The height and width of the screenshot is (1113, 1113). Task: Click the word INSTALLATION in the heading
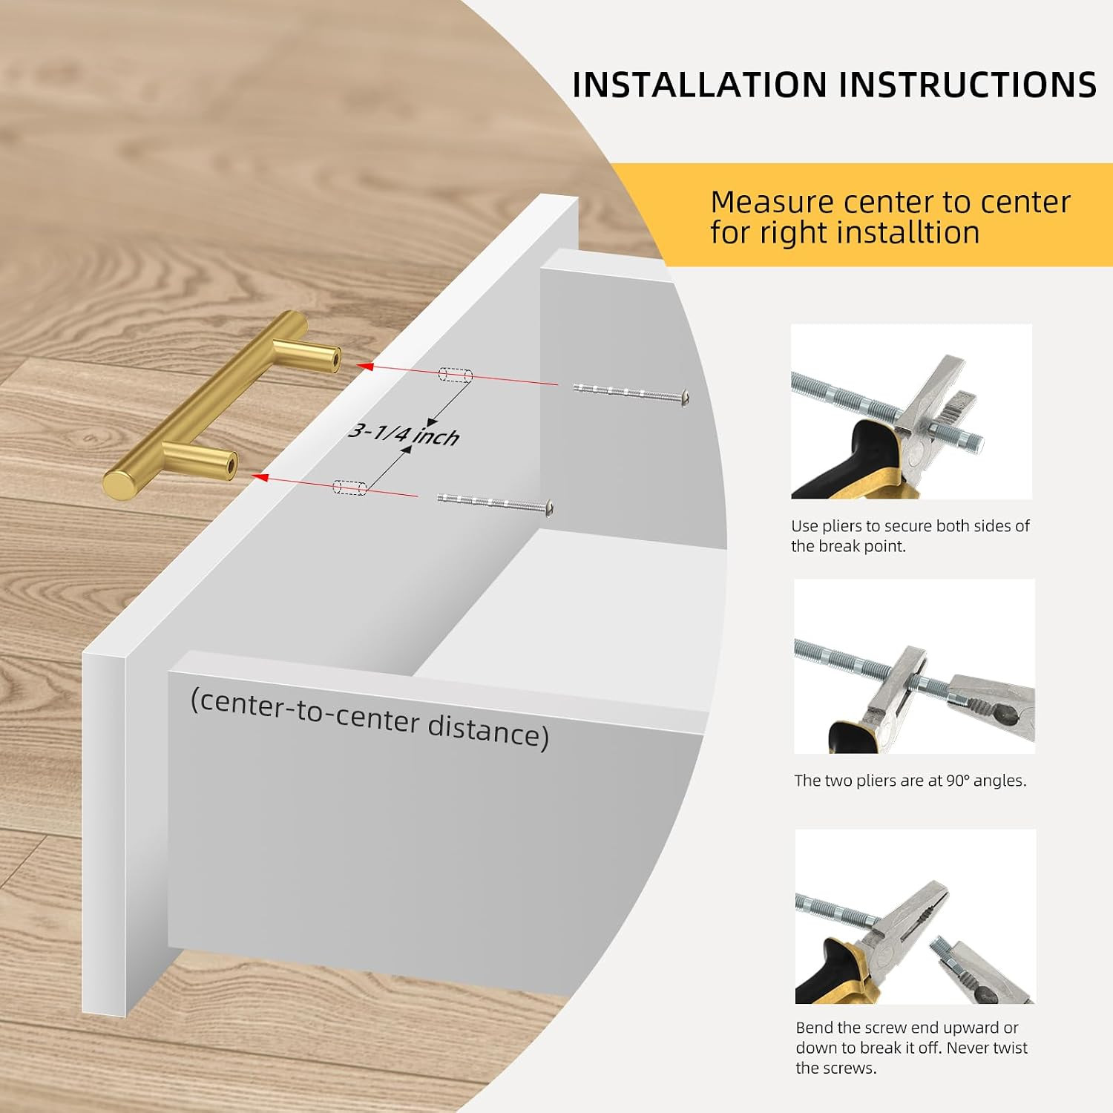pyautogui.click(x=700, y=85)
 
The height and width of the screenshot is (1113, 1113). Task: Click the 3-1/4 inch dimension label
pyautogui.click(x=404, y=433)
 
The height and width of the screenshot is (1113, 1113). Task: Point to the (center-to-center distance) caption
pyautogui.click(x=370, y=718)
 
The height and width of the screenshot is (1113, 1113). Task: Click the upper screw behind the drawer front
pyautogui.click(x=631, y=393)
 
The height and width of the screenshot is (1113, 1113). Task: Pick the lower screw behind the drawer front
pyautogui.click(x=495, y=503)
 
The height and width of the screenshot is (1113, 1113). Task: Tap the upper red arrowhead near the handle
pyautogui.click(x=364, y=366)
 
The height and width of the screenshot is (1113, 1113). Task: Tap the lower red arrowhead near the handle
pyautogui.click(x=260, y=476)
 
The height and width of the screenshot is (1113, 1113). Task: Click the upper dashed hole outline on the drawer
pyautogui.click(x=456, y=374)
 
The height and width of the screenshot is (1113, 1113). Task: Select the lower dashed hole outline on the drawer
pyautogui.click(x=350, y=487)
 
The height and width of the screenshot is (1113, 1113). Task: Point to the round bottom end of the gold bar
pyautogui.click(x=119, y=485)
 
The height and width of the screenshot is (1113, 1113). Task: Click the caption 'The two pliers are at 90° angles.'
pyautogui.click(x=910, y=781)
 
